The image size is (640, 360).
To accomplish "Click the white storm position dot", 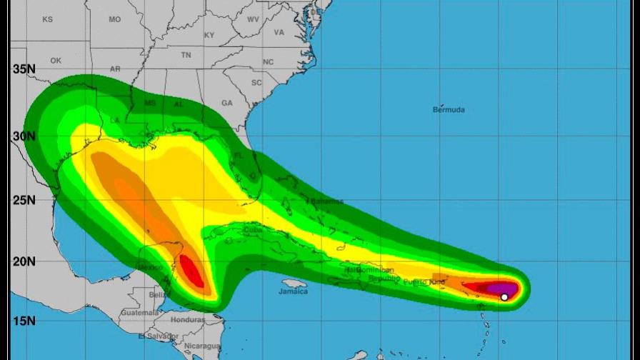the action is (x=504, y=297).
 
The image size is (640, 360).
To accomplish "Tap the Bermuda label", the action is (x=449, y=110).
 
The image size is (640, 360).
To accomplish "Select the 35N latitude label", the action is (x=24, y=69).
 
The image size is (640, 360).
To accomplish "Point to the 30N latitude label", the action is (x=24, y=136).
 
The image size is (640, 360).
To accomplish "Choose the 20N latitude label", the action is (x=24, y=261).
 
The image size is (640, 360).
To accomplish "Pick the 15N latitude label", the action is (x=24, y=321).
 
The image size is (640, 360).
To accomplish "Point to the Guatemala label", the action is (x=139, y=313).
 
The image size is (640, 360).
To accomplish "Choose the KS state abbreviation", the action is (x=47, y=19).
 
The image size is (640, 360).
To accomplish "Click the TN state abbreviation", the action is (x=186, y=55).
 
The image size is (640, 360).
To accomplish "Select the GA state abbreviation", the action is (x=227, y=103).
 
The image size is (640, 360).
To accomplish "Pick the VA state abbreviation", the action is (x=279, y=32).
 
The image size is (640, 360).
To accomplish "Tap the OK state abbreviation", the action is (x=56, y=61).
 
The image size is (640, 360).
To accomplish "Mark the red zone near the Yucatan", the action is (x=191, y=272).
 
